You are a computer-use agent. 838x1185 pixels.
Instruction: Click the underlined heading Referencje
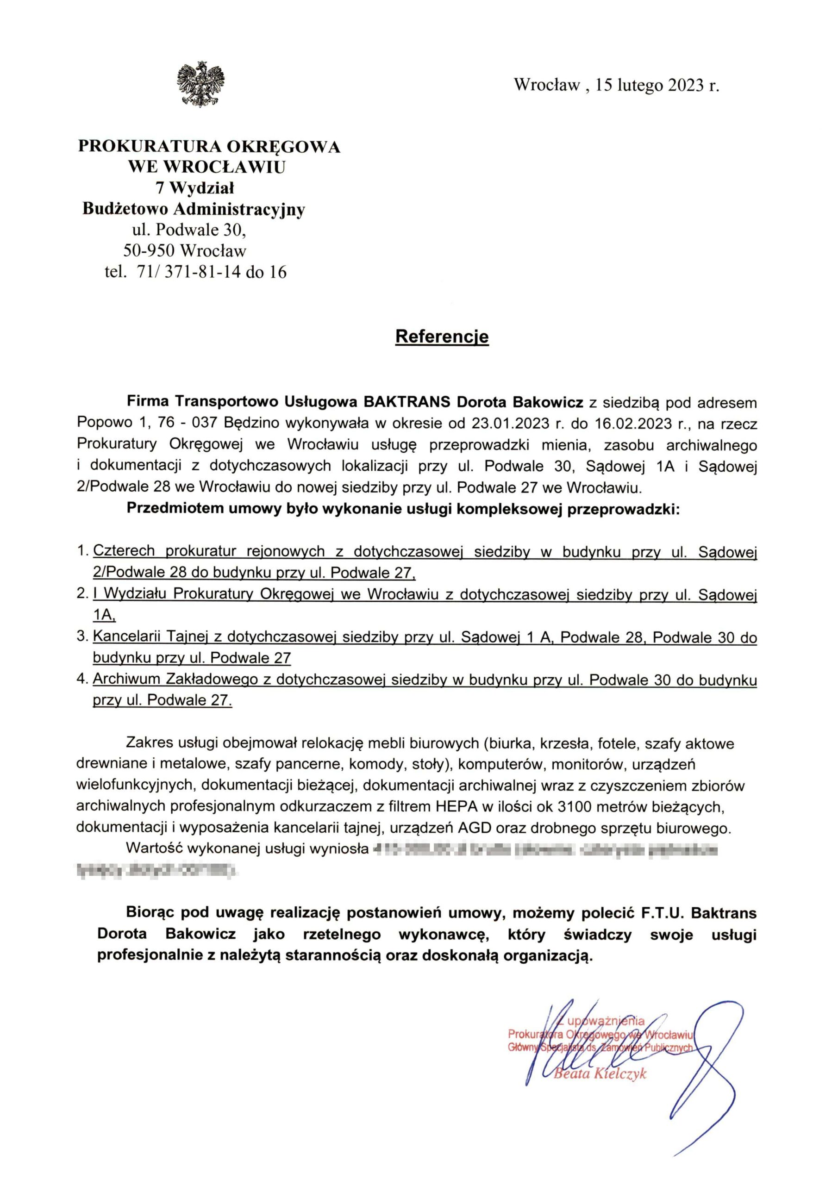(x=442, y=337)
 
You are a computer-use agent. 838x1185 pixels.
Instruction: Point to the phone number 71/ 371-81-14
(x=189, y=272)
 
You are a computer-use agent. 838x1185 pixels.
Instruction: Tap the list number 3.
(x=81, y=636)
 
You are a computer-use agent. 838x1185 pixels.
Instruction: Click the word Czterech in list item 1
(x=124, y=551)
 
